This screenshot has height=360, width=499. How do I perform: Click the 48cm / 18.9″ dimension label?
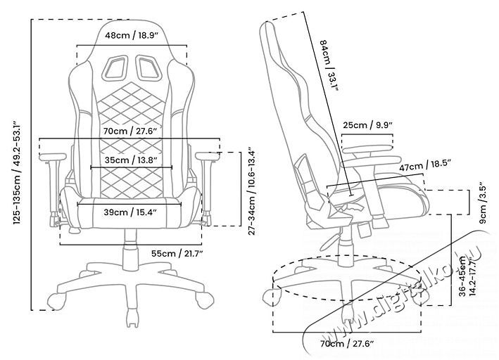click(131, 35)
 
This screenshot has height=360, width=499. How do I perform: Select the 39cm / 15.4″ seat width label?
click(130, 212)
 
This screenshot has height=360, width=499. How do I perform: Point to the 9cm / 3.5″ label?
click(484, 202)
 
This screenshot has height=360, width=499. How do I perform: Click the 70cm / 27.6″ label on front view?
click(132, 131)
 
